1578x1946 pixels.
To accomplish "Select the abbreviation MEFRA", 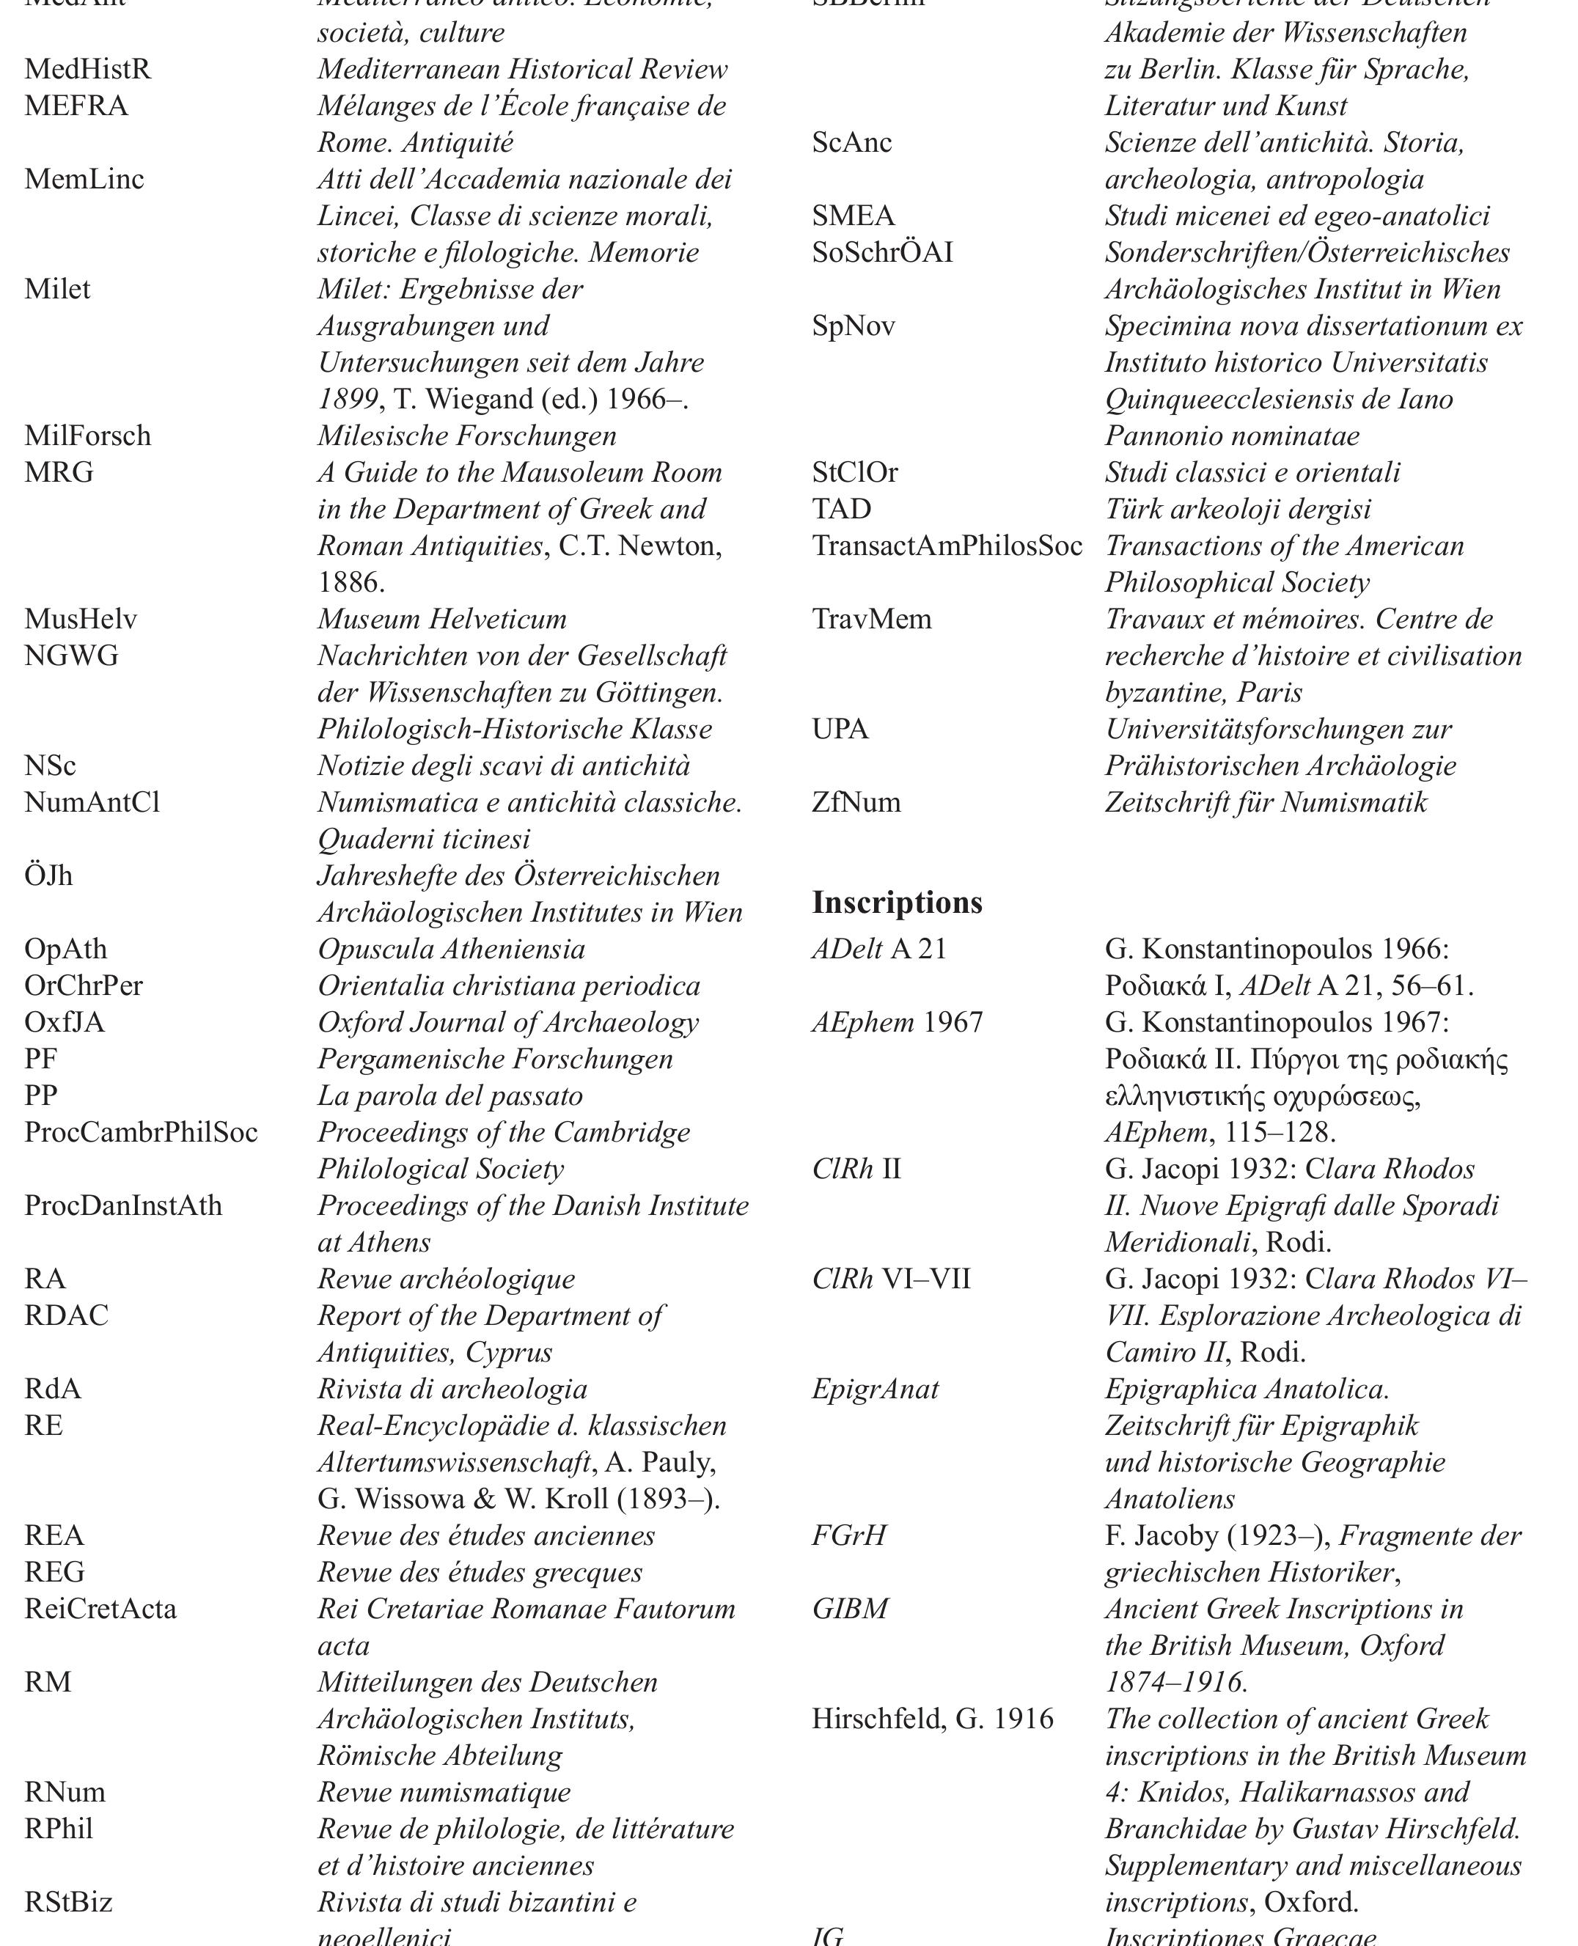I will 76,106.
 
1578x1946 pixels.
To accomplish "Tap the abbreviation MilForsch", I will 87,436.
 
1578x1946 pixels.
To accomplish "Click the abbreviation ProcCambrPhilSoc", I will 141,1133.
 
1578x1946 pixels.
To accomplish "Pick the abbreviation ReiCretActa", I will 100,1609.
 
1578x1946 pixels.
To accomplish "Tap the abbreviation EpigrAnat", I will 875,1389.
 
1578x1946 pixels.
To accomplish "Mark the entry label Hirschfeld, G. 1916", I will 932,1719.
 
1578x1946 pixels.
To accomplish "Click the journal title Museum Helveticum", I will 441,620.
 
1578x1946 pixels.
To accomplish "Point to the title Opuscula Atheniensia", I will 451,950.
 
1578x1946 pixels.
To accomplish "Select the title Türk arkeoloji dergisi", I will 1237,509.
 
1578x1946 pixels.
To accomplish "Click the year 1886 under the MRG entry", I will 351,583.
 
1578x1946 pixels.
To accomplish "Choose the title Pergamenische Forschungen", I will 494,1060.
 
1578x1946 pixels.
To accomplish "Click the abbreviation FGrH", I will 848,1536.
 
